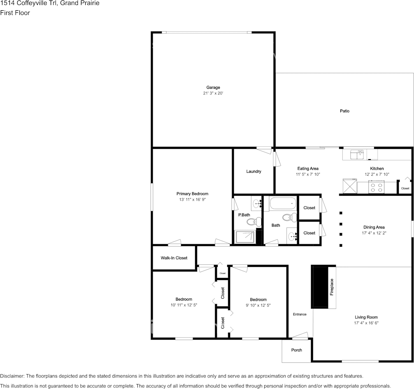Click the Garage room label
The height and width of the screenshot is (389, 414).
coord(213,87)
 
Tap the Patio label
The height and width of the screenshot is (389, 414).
coord(344,111)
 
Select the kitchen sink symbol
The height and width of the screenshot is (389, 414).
coord(357,155)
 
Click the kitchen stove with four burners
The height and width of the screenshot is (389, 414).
coord(376,187)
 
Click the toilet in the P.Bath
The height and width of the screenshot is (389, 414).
coord(254,221)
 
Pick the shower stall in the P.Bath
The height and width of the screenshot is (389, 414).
coord(245,237)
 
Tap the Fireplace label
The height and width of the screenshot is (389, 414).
coord(332,287)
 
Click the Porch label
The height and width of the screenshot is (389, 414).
coord(296,350)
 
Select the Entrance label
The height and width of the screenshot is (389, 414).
coord(300,314)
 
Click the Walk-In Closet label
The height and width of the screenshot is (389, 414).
coord(174,258)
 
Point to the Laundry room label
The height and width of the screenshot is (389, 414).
coord(254,171)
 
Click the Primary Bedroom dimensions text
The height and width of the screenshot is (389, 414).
coord(193,199)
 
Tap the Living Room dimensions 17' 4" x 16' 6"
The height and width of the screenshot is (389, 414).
coord(366,323)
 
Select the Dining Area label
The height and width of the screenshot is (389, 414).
coord(374,227)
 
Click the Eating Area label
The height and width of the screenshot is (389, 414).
coord(308,168)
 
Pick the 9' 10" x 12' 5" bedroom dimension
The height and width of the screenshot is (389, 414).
coord(258,305)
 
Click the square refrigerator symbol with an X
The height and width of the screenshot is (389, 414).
coord(350,186)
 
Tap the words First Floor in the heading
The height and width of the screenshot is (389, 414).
coord(15,13)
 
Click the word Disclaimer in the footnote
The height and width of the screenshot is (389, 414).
coord(12,376)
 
